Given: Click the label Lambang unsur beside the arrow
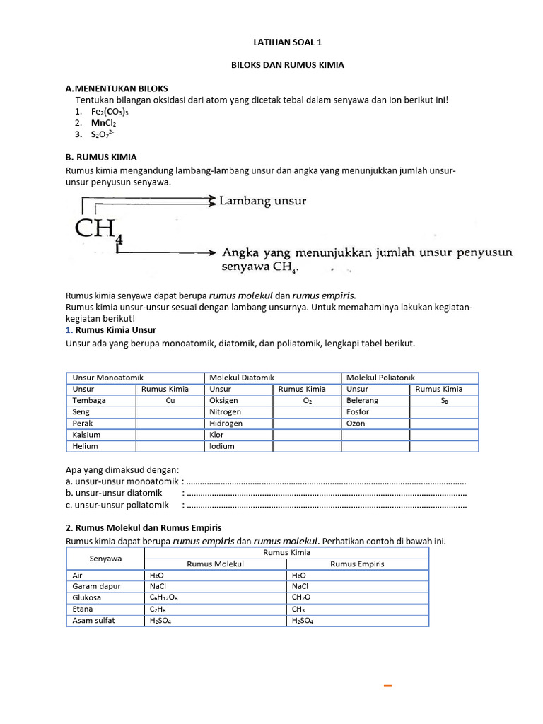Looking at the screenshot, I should [263, 202].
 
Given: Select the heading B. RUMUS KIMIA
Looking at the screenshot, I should [101, 157].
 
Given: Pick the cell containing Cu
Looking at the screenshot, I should [170, 400].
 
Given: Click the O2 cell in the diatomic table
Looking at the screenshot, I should [307, 400].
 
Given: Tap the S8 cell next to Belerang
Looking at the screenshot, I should [444, 400].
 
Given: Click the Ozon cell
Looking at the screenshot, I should [356, 423].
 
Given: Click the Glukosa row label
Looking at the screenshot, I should [88, 597].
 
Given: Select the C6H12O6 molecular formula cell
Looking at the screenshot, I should [165, 597].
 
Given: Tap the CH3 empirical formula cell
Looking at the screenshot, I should [299, 609].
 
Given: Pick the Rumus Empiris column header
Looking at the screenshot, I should [357, 564].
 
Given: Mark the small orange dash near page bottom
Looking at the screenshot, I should [387, 686].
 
